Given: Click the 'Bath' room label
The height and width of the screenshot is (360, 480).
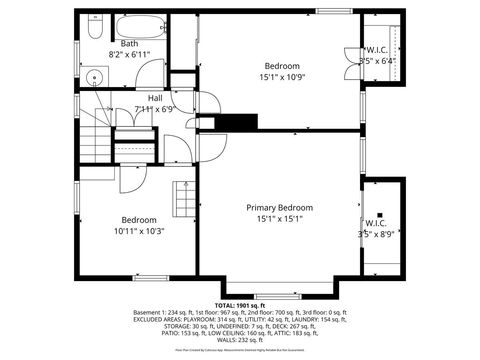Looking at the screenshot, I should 130,44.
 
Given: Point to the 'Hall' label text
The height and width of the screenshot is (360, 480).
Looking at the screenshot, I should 155,98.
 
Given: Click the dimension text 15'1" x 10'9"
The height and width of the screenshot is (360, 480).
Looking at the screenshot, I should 282,77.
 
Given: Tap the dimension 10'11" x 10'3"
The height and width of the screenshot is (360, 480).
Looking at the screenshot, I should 139,231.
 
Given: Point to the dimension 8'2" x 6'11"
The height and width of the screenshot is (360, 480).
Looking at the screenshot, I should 130,54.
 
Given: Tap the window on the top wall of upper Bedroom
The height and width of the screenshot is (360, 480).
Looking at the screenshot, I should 328,11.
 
